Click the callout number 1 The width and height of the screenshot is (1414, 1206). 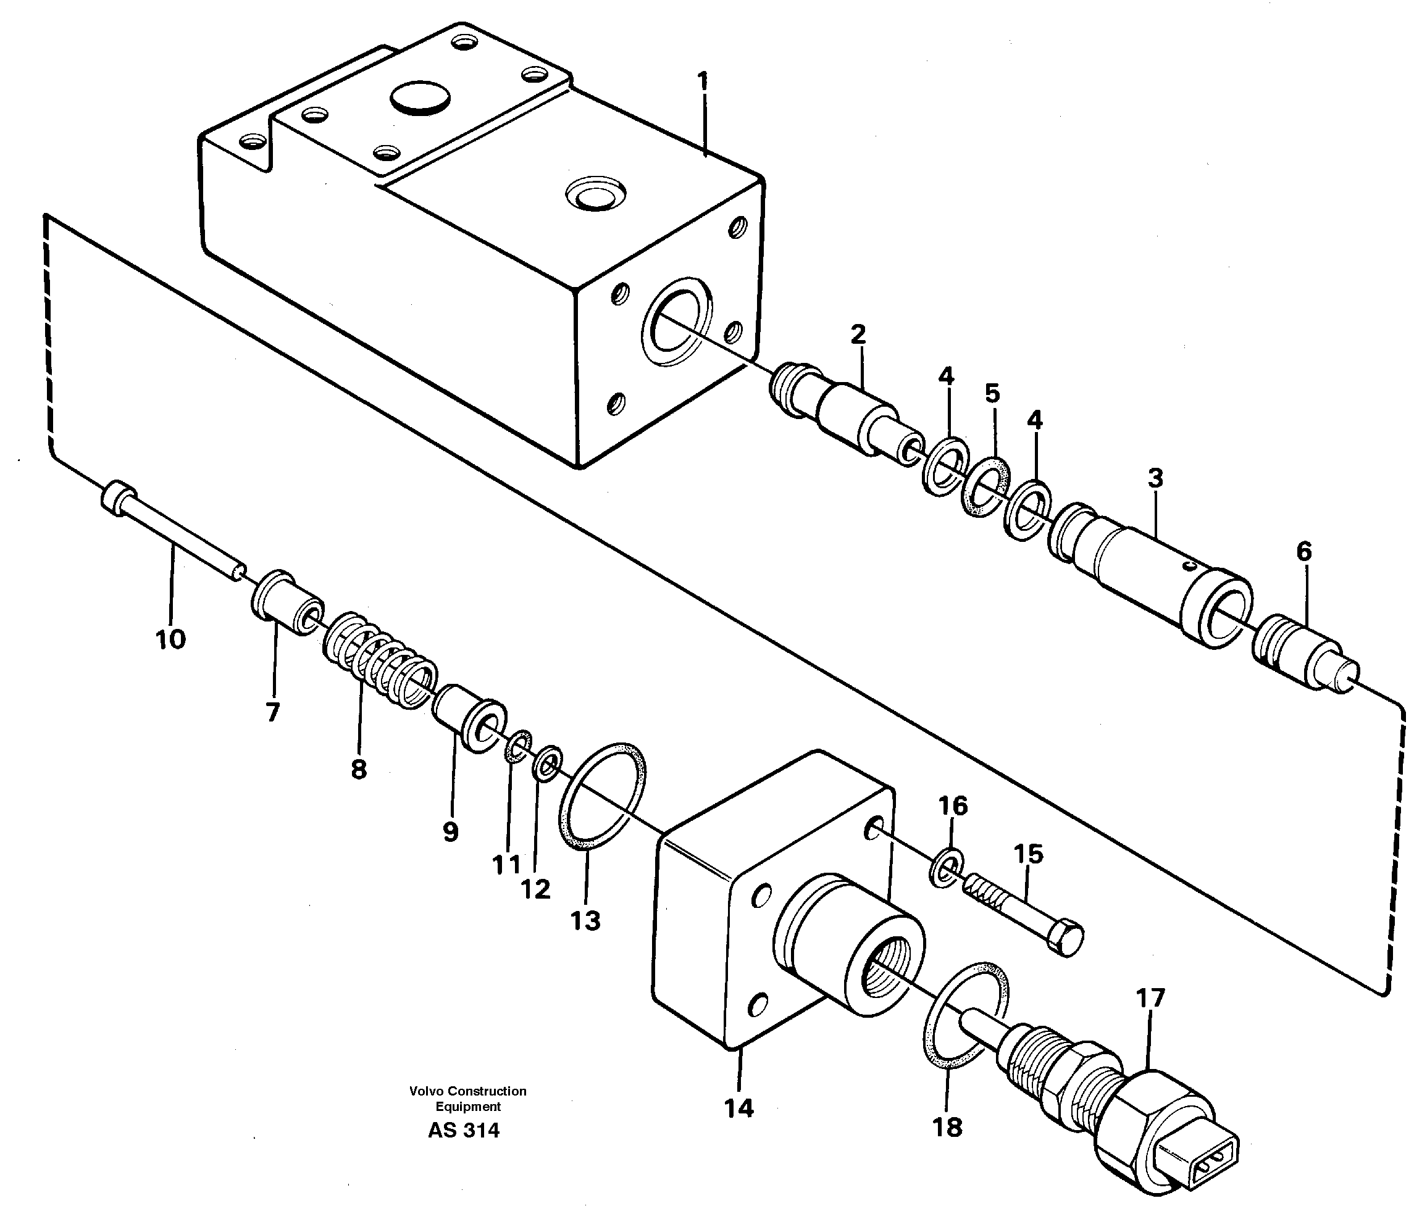(x=703, y=82)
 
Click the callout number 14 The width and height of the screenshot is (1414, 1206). (x=739, y=1108)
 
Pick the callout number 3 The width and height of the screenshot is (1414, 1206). (x=1155, y=478)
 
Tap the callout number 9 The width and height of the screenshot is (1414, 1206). (x=450, y=832)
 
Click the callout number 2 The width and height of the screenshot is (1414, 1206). (x=858, y=335)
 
